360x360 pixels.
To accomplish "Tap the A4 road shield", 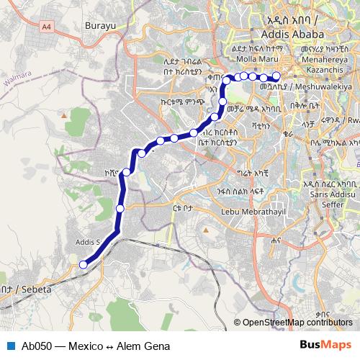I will point(47,27).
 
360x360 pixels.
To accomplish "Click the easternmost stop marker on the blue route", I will point(276,76).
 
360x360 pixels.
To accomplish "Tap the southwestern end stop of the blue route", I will point(83,265).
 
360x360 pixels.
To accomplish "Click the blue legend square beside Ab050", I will point(10,345).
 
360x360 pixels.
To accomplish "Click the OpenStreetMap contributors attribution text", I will point(297,322).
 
